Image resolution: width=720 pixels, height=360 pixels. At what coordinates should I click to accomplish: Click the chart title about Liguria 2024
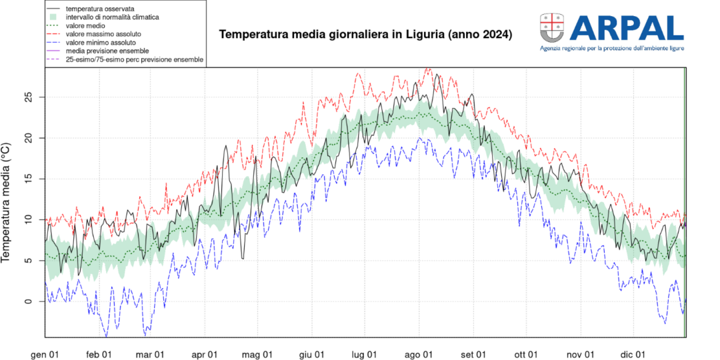365,34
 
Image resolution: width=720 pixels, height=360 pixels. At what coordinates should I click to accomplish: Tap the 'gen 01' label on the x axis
45,354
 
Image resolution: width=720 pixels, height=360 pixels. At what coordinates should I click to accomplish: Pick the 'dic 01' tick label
632,354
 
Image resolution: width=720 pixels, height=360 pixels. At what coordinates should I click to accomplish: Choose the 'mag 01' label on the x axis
257,354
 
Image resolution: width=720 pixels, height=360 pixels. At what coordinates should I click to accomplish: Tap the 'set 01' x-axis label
473,354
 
